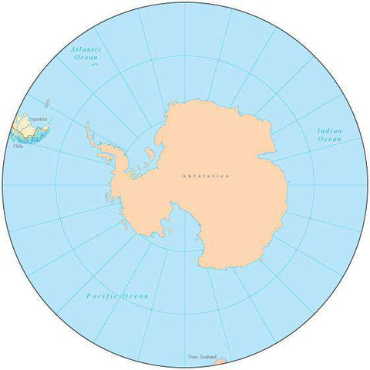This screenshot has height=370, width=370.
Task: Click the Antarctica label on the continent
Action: click(x=206, y=177)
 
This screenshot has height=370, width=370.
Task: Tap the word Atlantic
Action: click(x=85, y=49)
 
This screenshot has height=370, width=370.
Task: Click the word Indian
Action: click(x=330, y=131)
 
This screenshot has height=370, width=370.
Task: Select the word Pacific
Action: click(x=103, y=296)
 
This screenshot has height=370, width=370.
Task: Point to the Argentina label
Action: click(x=37, y=119)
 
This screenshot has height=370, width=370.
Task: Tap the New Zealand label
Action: click(x=202, y=357)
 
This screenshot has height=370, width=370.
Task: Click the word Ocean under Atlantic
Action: click(x=86, y=57)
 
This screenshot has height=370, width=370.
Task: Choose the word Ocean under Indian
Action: click(x=330, y=140)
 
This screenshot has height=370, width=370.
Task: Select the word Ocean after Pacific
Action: click(x=136, y=296)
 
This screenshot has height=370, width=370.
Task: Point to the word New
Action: click(x=193, y=357)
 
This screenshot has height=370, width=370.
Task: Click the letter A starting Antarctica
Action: click(x=183, y=177)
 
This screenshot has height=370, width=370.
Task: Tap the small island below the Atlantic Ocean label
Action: click(x=93, y=65)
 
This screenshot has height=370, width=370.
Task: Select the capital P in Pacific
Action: click(x=89, y=296)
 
